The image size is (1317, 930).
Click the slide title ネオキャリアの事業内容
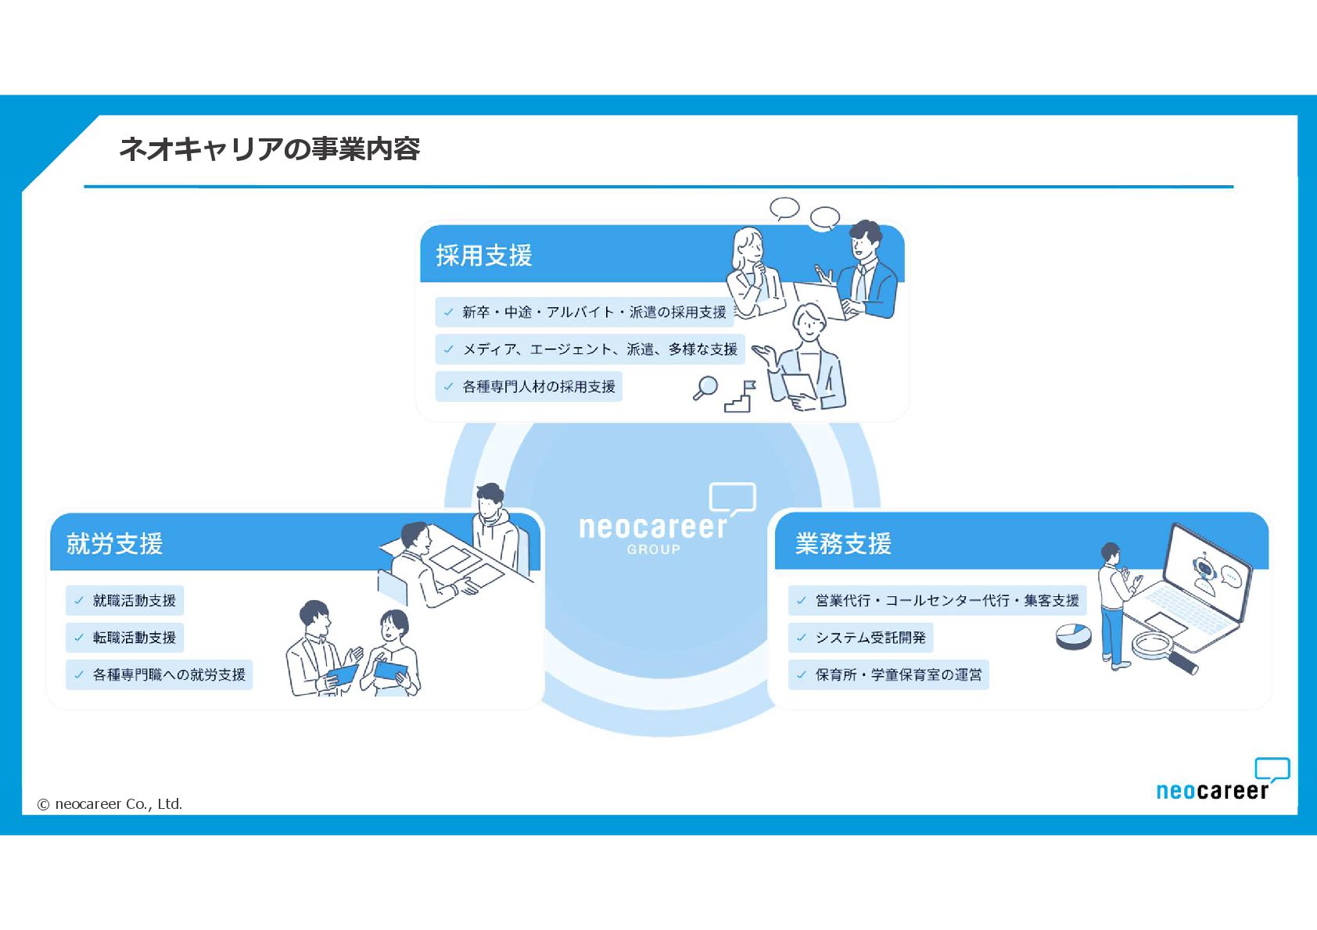coord(269,148)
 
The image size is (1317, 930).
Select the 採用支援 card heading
coord(484,256)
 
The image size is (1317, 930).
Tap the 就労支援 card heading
coord(114,543)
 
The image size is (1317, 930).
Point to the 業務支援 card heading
coord(843,543)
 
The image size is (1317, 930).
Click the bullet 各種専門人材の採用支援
coord(538,386)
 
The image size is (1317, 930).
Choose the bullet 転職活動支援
coord(134,638)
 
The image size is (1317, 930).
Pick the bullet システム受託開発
coord(870,638)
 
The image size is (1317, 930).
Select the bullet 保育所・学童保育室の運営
coord(898,674)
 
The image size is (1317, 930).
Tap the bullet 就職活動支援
coord(134,600)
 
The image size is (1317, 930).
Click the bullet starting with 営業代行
coord(946,600)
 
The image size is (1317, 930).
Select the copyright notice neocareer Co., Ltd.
coord(110,803)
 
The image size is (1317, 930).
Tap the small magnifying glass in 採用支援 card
coord(705,388)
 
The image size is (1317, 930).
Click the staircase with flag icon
coord(740,397)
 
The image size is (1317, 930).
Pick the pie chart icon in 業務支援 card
coord(1073,636)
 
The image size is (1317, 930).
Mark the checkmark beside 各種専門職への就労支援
coord(79,674)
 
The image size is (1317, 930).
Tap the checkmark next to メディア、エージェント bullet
coord(448,349)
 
